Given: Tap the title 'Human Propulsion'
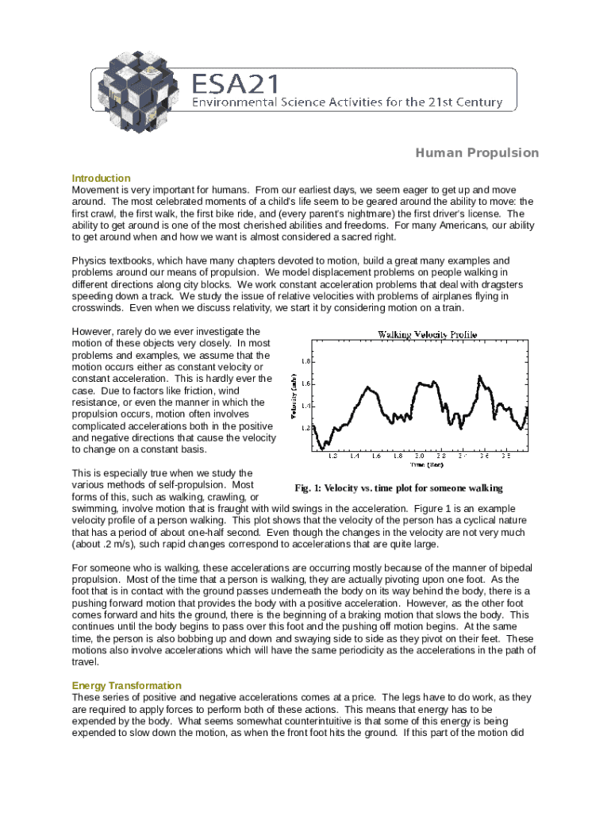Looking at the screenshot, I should pos(477,153).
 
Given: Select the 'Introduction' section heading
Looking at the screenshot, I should pos(101,178).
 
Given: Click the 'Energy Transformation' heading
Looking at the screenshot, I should pos(126,685).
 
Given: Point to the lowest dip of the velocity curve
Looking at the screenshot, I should pos(319,448).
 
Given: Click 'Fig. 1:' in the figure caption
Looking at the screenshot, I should pos(306,488).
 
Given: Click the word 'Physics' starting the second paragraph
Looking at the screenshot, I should pos(88,261).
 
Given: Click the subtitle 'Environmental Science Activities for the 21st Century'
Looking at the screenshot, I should pos(348,102).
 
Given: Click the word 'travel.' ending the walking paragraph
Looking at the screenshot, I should pos(86,661).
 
